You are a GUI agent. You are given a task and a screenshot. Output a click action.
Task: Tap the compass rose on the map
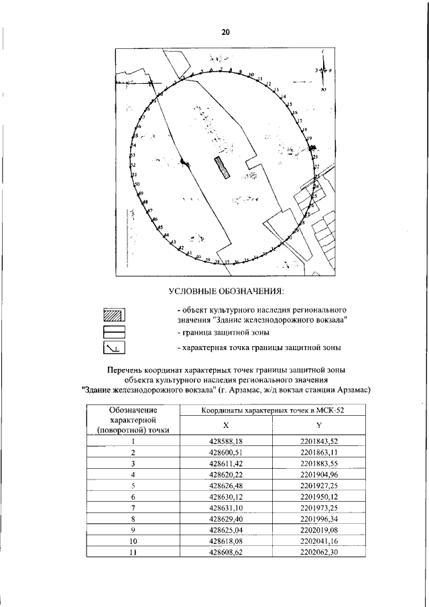pos(323,70)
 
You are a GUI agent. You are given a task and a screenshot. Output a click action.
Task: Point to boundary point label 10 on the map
pos(251,74)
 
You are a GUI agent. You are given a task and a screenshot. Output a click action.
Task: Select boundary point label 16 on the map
pos(294,112)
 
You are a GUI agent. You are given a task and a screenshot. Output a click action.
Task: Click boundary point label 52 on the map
pos(133,164)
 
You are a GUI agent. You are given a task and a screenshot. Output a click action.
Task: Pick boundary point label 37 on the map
pos(227,262)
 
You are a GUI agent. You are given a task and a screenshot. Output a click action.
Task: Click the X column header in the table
pos(225,424)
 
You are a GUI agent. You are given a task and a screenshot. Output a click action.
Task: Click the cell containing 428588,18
pos(225,441)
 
